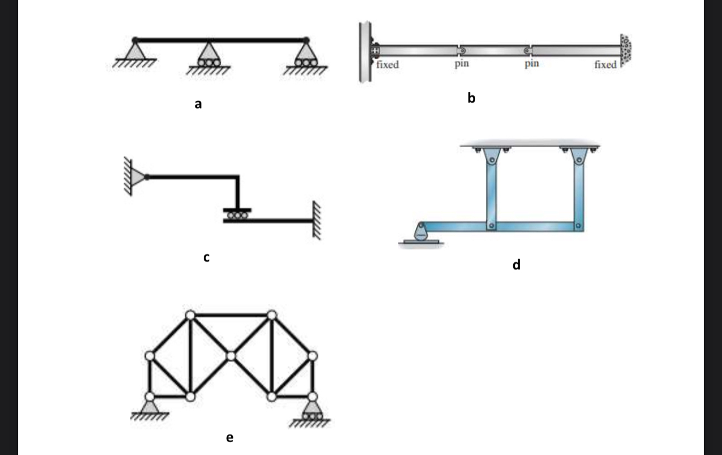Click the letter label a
pyautogui.click(x=198, y=104)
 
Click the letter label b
pyautogui.click(x=471, y=98)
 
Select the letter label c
pyautogui.click(x=207, y=257)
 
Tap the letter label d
pyautogui.click(x=516, y=264)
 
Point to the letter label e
pyautogui.click(x=229, y=437)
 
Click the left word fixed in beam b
pyautogui.click(x=388, y=65)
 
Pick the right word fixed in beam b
pyautogui.click(x=606, y=65)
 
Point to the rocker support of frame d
pyautogui.click(x=422, y=233)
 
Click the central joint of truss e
pyautogui.click(x=231, y=355)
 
